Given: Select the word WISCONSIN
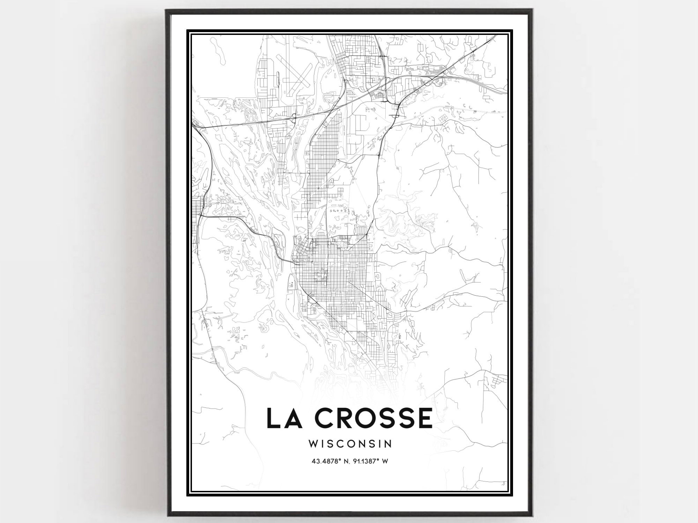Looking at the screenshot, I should pos(350,443).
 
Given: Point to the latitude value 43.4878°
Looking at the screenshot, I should pos(326,461).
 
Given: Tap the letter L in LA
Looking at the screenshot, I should pos(273,418).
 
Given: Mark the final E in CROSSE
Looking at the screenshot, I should pos(425,418).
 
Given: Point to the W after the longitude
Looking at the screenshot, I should pos(385,461).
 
